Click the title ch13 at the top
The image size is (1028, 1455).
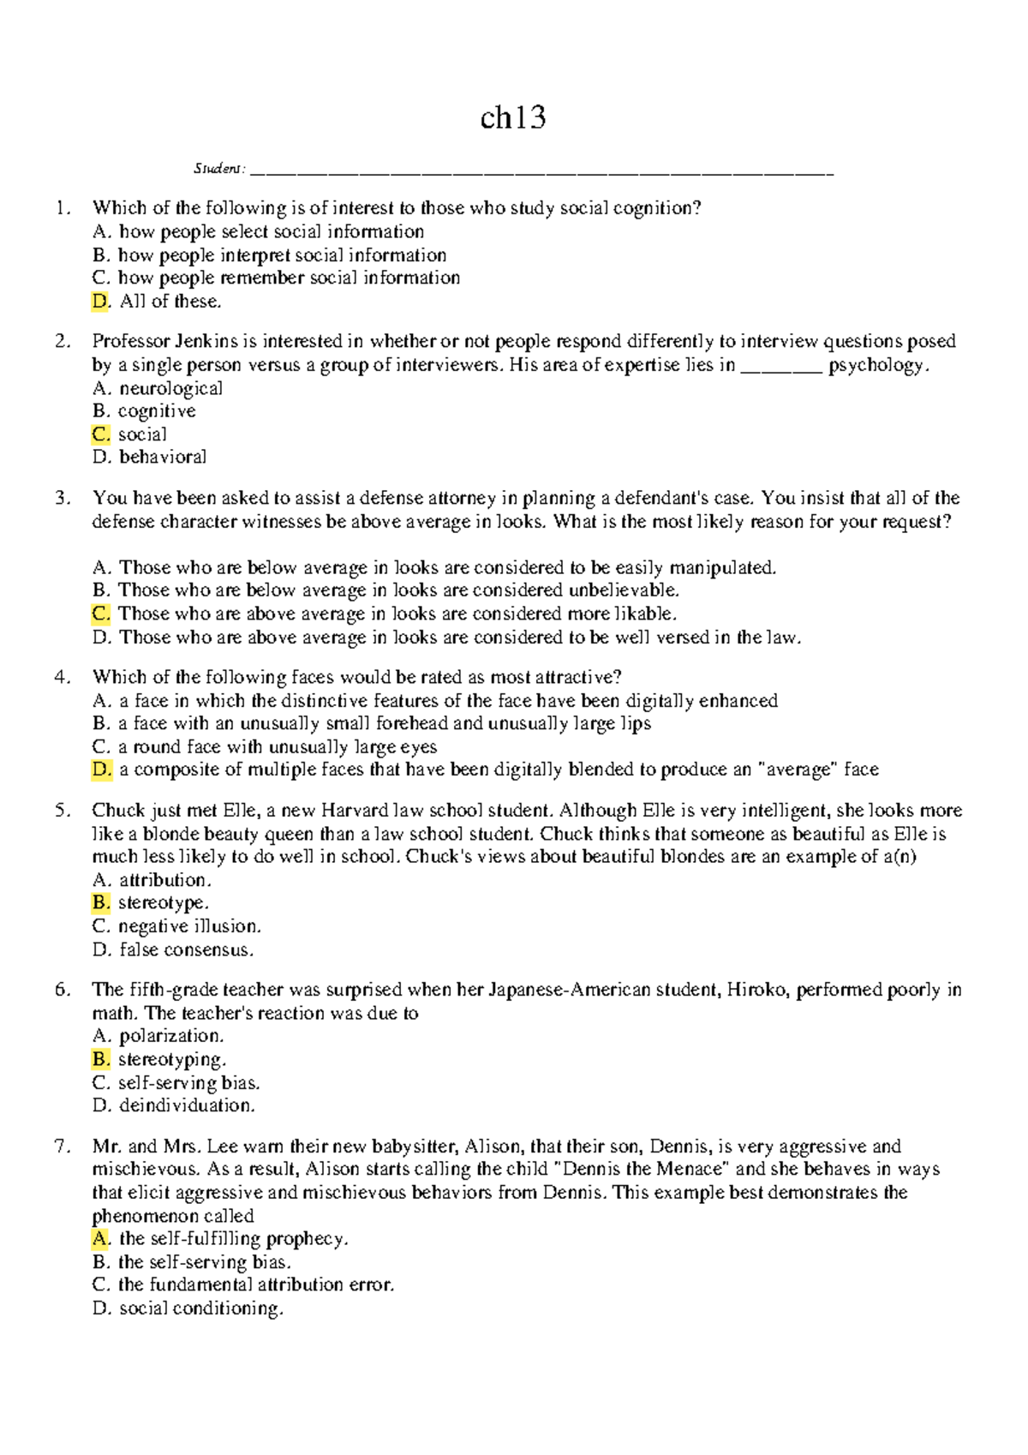pyautogui.click(x=513, y=117)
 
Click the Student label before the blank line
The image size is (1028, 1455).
pyautogui.click(x=218, y=169)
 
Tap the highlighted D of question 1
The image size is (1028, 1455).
pyautogui.click(x=101, y=302)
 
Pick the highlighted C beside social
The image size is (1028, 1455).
pyautogui.click(x=101, y=434)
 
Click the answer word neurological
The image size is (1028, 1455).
pyautogui.click(x=170, y=388)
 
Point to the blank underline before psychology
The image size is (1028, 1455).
pyautogui.click(x=780, y=367)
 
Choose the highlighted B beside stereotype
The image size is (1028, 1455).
pyautogui.click(x=101, y=903)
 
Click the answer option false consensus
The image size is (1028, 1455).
pyautogui.click(x=186, y=949)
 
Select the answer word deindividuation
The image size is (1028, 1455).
pyautogui.click(x=187, y=1105)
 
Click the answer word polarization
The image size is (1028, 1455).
pyautogui.click(x=171, y=1036)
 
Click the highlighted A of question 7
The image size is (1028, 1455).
pyautogui.click(x=101, y=1239)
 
